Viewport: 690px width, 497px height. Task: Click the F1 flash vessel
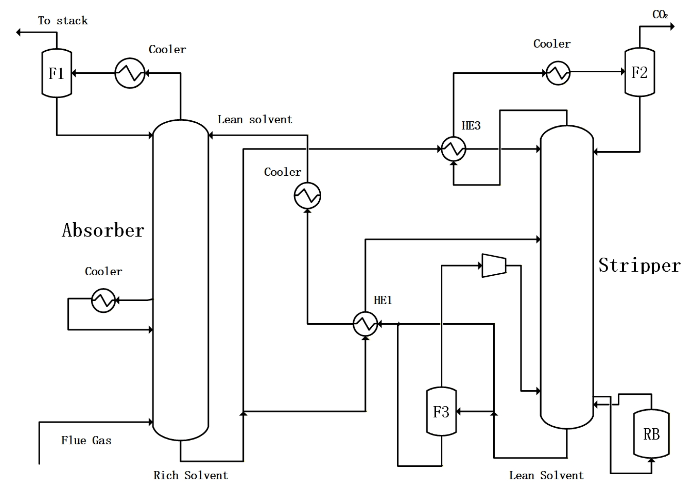click(57, 73)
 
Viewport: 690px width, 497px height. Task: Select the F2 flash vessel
click(639, 72)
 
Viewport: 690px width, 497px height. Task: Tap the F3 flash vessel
click(441, 411)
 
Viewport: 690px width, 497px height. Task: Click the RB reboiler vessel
click(651, 434)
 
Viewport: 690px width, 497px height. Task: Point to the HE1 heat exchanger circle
click(365, 324)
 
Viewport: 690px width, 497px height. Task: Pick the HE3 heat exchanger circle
click(453, 149)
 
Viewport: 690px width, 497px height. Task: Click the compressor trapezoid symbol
click(494, 265)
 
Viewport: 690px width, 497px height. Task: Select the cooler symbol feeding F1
click(130, 73)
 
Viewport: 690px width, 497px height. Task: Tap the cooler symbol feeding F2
click(558, 73)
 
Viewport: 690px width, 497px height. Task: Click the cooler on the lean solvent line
click(307, 196)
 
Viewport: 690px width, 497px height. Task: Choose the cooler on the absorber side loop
click(103, 300)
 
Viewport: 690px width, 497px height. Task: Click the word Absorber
click(103, 230)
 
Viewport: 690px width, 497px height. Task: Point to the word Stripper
click(639, 265)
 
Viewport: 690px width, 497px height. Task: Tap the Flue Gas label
click(86, 440)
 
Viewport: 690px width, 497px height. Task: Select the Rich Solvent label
click(190, 475)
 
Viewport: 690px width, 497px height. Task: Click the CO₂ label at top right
click(660, 15)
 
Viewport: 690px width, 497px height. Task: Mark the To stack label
click(63, 21)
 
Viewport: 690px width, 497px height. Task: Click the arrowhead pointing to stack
click(19, 32)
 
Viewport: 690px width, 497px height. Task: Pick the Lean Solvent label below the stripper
click(546, 475)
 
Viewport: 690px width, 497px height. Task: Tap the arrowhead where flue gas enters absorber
click(151, 422)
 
